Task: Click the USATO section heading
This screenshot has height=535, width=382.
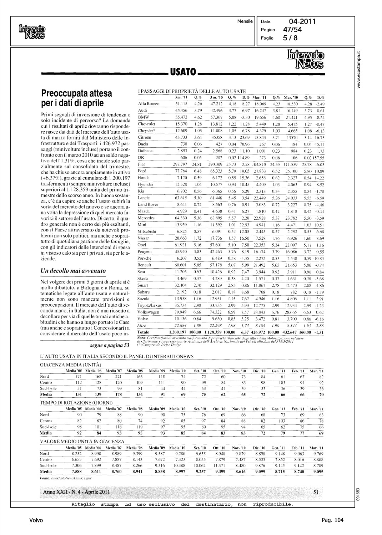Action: (x=183, y=73)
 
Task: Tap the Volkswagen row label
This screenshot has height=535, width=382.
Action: (x=148, y=311)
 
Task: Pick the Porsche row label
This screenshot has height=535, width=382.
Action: (x=145, y=258)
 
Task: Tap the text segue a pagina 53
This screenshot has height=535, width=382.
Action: (x=109, y=345)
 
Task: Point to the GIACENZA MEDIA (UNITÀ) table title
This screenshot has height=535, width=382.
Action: (x=70, y=365)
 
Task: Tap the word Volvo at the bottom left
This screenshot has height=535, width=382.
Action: (x=36, y=520)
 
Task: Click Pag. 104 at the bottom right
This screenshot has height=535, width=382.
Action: (x=332, y=520)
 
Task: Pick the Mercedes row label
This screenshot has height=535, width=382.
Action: (x=146, y=218)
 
